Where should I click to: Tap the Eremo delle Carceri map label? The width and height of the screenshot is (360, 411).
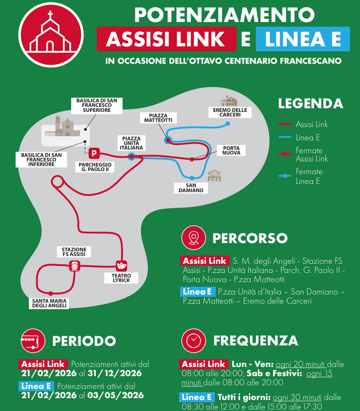(x=230, y=112)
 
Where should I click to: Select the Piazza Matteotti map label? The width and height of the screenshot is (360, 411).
(x=158, y=118)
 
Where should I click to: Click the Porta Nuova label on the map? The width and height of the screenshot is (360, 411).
(x=231, y=151)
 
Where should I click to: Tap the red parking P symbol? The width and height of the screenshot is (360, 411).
(x=94, y=153)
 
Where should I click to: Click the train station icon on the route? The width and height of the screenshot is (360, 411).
(x=74, y=265)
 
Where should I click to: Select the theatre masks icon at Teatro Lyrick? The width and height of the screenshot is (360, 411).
(x=121, y=265)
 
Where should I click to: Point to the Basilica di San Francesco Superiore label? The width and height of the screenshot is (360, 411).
(x=96, y=105)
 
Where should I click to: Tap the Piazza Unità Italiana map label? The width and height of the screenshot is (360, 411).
(x=131, y=143)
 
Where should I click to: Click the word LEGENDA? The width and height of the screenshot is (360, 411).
(x=310, y=104)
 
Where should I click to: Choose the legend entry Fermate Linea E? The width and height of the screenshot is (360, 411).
(x=309, y=176)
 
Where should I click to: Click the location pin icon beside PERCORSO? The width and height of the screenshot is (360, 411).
(x=193, y=238)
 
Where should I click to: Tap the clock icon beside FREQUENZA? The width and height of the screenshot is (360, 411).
(x=193, y=340)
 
